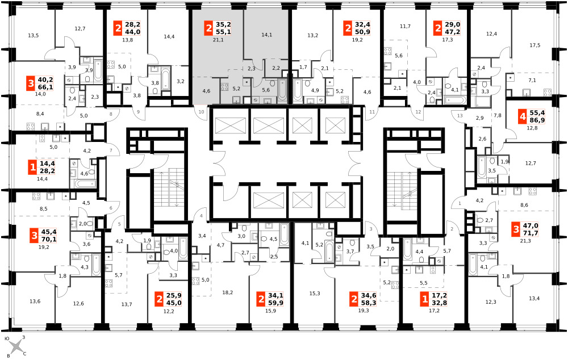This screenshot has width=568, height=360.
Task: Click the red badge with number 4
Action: click(x=522, y=116)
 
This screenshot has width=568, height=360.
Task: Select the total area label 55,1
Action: click(x=223, y=32)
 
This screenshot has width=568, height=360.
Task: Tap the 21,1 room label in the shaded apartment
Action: click(x=218, y=40)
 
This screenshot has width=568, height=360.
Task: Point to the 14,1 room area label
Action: click(x=266, y=35)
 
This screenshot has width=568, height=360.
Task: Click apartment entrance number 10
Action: click(x=202, y=112)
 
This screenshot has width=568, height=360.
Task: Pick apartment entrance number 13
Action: click(x=460, y=116)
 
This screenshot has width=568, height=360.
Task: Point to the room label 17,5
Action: click(x=534, y=45)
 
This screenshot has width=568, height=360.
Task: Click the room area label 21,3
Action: click(x=525, y=241)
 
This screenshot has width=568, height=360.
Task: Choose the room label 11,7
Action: click(x=405, y=26)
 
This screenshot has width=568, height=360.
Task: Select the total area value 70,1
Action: click(x=49, y=240)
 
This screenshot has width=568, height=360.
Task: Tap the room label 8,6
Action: click(x=524, y=205)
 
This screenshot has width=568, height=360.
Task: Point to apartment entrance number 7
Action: click(x=111, y=150)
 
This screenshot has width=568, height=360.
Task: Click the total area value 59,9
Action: click(x=275, y=303)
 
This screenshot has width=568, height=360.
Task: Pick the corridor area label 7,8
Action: click(x=498, y=115)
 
